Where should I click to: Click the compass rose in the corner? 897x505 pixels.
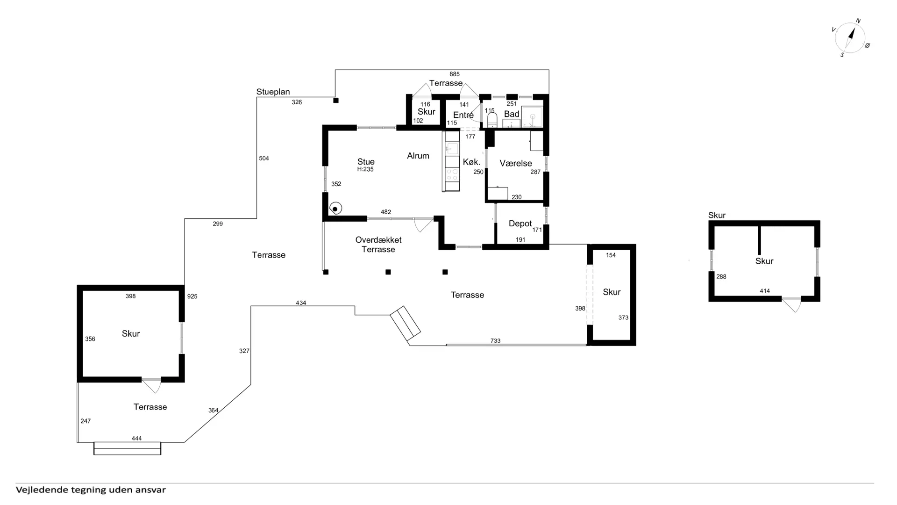pyautogui.click(x=850, y=38)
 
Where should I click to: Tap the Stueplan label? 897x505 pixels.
pyautogui.click(x=273, y=92)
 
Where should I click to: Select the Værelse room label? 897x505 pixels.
pyautogui.click(x=516, y=163)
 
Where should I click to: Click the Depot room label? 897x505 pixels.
pyautogui.click(x=520, y=224)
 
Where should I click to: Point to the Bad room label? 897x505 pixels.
pyautogui.click(x=512, y=114)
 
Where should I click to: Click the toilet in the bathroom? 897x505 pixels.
pyautogui.click(x=492, y=120)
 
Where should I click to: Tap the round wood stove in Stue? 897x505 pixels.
pyautogui.click(x=335, y=209)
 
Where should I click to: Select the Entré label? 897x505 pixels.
pyautogui.click(x=463, y=115)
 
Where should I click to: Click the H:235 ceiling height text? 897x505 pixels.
pyautogui.click(x=365, y=169)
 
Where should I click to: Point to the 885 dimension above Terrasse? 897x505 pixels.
pyautogui.click(x=455, y=74)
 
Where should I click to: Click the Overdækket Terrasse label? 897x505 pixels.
pyautogui.click(x=378, y=245)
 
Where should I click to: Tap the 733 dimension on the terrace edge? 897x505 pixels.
pyautogui.click(x=495, y=341)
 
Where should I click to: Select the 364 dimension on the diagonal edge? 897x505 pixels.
pyautogui.click(x=213, y=410)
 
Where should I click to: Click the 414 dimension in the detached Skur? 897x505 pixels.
pyautogui.click(x=765, y=291)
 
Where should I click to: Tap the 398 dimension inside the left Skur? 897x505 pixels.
pyautogui.click(x=130, y=296)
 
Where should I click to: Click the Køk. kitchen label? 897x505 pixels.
pyautogui.click(x=471, y=162)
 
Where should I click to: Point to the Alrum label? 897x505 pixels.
pyautogui.click(x=418, y=156)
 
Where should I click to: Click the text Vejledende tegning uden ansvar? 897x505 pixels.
pyautogui.click(x=91, y=490)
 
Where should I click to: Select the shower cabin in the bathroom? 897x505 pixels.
pyautogui.click(x=532, y=117)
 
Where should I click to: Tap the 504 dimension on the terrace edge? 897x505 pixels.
pyautogui.click(x=264, y=159)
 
